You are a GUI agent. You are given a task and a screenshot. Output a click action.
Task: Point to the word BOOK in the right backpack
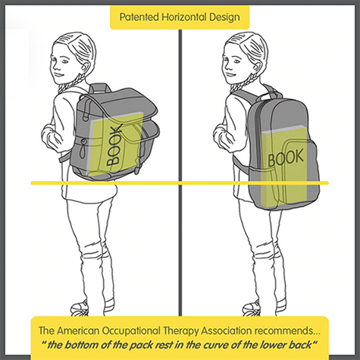coord(286,158)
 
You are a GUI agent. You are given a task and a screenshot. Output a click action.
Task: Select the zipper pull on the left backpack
coord(82,151)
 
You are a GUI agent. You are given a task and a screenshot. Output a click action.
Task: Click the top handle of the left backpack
coord(100,88)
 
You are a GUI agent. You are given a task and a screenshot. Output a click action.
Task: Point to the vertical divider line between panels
coord(180,173)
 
